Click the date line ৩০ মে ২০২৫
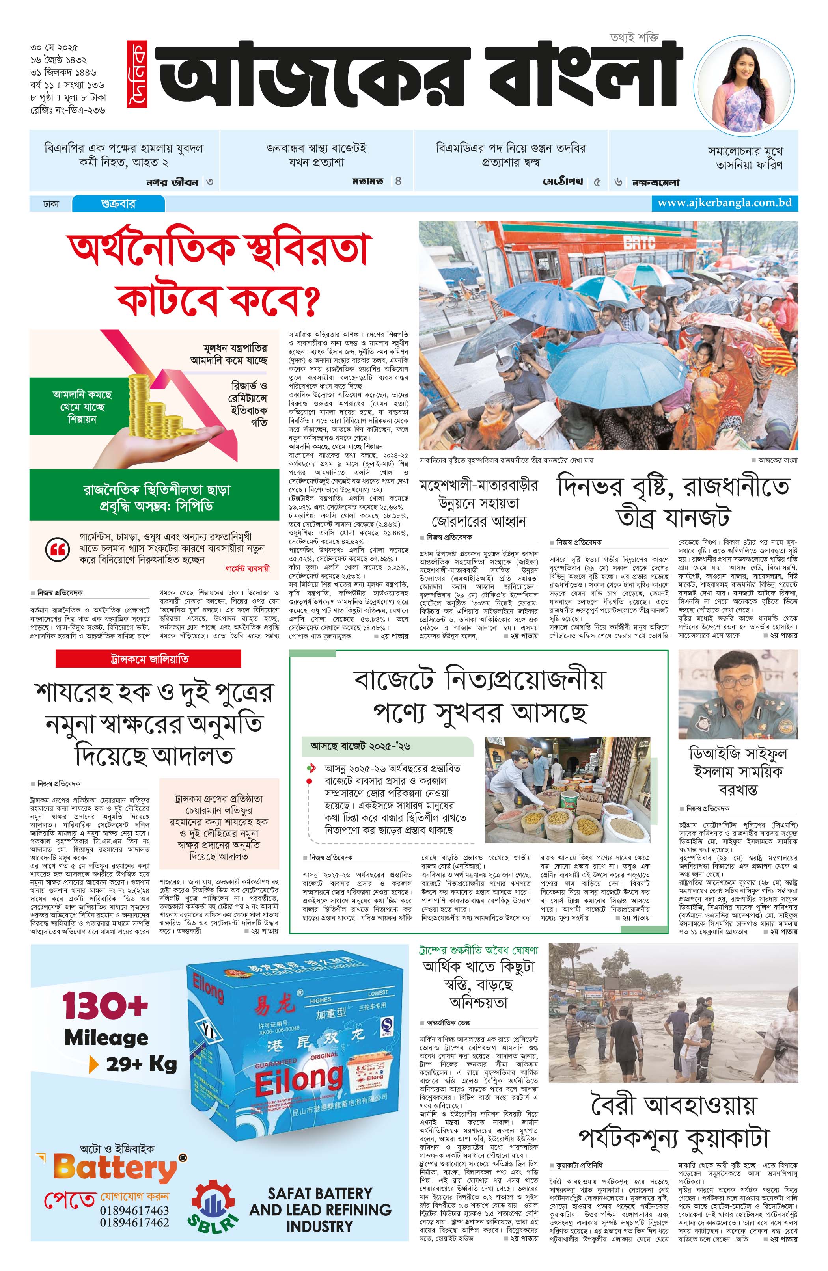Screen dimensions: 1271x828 [54, 48]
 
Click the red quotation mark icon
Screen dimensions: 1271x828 [58, 549]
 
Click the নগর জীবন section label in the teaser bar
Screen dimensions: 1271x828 [172, 182]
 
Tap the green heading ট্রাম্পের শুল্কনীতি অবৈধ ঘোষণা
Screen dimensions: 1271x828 [478, 951]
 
